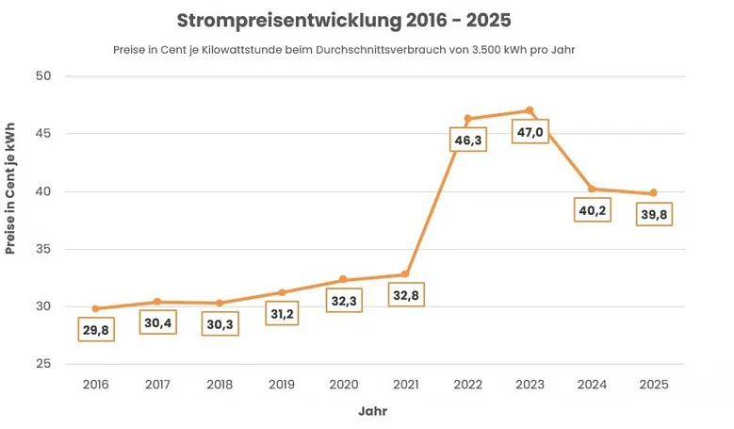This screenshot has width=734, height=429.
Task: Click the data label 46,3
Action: coord(467,140)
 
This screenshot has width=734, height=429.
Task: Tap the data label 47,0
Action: coord(530,132)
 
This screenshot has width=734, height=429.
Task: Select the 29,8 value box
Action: coord(95,329)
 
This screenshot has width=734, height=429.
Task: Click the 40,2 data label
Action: coord(592,210)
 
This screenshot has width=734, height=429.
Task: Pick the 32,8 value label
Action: coord(406,296)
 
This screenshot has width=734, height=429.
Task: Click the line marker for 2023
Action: coord(530,110)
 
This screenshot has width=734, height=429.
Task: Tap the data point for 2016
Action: coord(95,308)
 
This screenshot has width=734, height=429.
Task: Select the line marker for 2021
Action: coord(405,274)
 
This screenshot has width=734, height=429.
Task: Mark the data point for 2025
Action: coord(653,193)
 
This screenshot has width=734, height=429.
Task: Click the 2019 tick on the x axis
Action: coord(281,385)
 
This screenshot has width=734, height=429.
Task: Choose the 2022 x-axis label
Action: coord(467,385)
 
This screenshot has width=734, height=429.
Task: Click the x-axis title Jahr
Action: coord(372,412)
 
